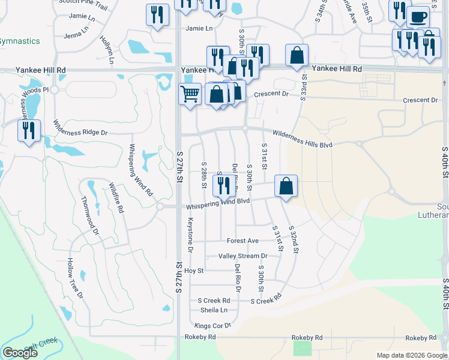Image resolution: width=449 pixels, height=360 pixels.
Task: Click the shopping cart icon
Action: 190,94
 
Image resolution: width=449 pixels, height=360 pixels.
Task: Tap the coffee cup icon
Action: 418,16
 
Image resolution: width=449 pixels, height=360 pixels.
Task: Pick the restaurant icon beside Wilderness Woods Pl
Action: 29,130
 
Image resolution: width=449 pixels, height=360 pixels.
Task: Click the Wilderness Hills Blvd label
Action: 303,139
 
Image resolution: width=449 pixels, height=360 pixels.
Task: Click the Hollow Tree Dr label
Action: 74,278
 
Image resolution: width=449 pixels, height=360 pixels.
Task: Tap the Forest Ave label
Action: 243,241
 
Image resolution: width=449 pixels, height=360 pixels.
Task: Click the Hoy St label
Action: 194,271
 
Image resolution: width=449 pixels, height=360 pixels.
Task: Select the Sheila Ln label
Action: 214,310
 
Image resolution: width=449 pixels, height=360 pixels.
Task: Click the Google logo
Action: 20,353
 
